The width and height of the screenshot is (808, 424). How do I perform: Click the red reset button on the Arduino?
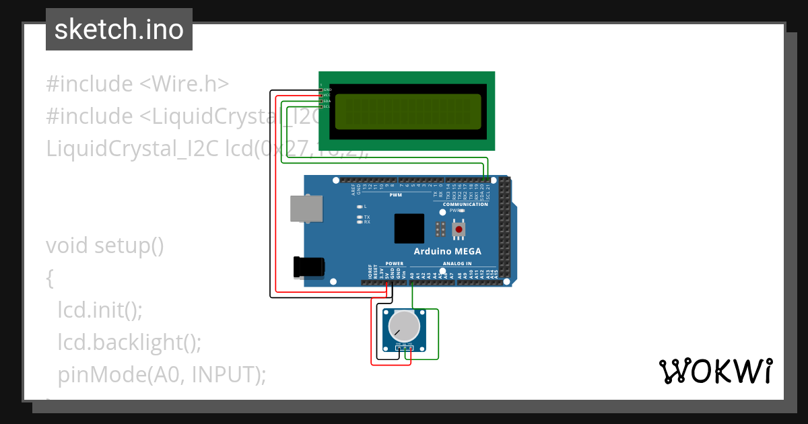459,229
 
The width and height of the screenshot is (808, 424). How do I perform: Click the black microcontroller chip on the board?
409,229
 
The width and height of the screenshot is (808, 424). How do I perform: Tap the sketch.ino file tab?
119,30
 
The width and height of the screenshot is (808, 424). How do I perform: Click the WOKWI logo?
715,372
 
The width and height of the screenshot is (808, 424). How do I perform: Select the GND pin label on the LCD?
327,90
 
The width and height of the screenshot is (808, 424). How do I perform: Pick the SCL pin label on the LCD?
327,106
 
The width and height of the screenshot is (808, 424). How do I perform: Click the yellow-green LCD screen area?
407,111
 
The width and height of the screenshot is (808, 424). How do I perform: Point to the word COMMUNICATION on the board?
465,205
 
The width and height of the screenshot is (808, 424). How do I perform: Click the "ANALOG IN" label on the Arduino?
458,264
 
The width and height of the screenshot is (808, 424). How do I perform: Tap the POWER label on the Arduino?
395,264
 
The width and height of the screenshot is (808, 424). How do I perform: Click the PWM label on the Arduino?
396,195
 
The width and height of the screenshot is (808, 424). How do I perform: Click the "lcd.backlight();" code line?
129,342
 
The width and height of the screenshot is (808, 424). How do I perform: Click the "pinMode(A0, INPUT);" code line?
162,374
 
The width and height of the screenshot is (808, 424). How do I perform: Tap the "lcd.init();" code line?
100,310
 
